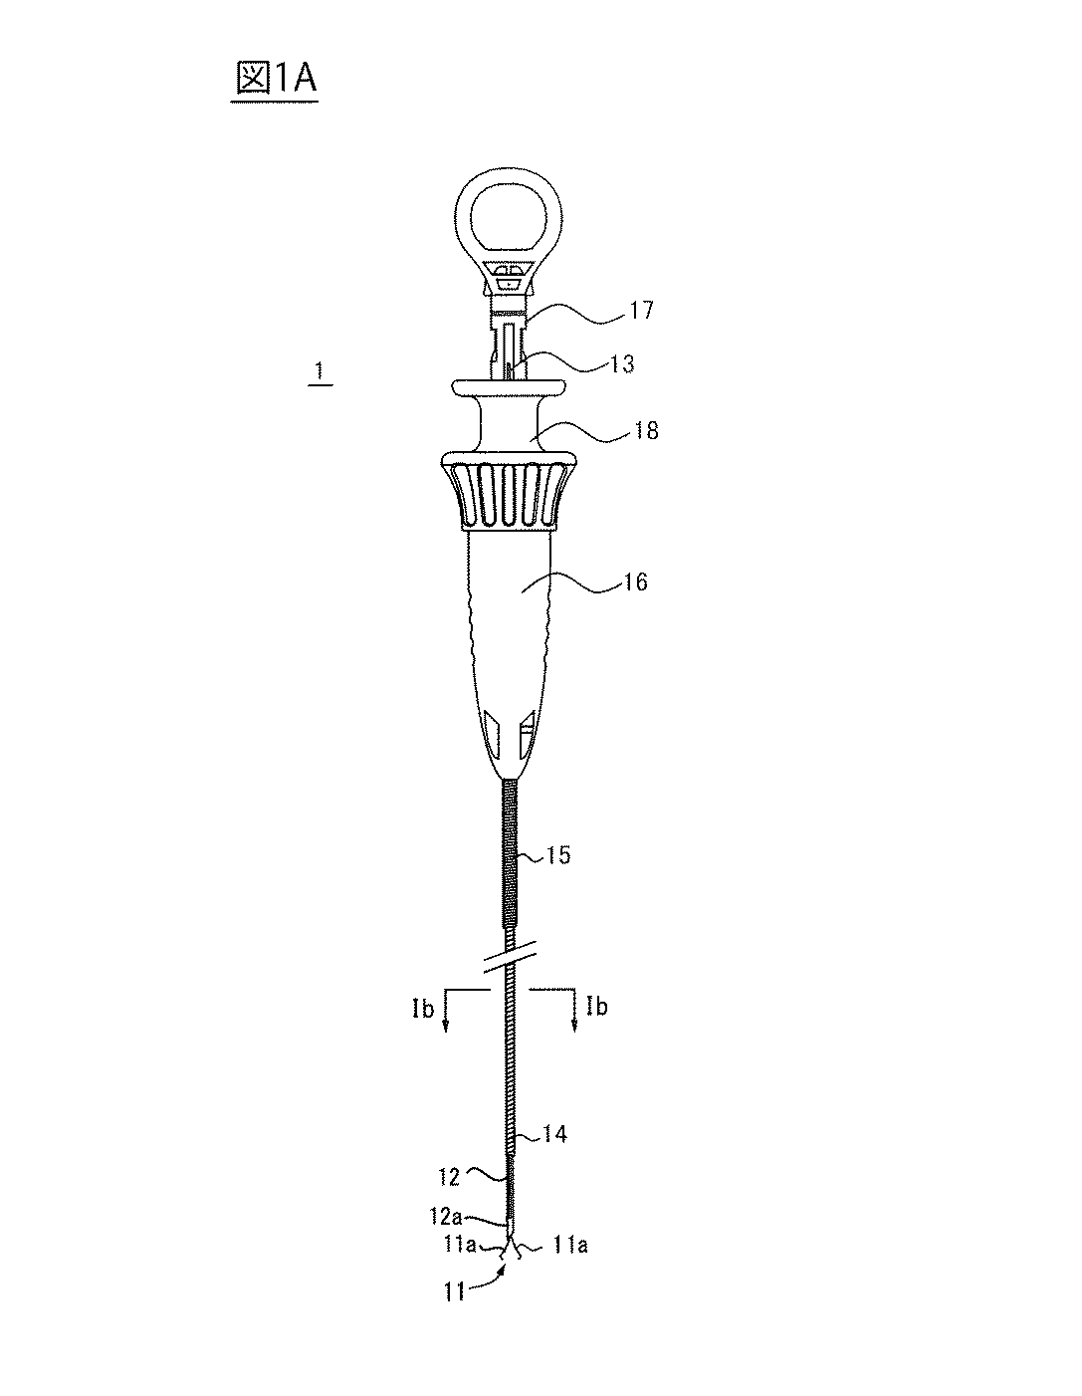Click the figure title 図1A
276,80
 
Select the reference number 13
620,363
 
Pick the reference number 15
557,855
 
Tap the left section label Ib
423,1008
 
